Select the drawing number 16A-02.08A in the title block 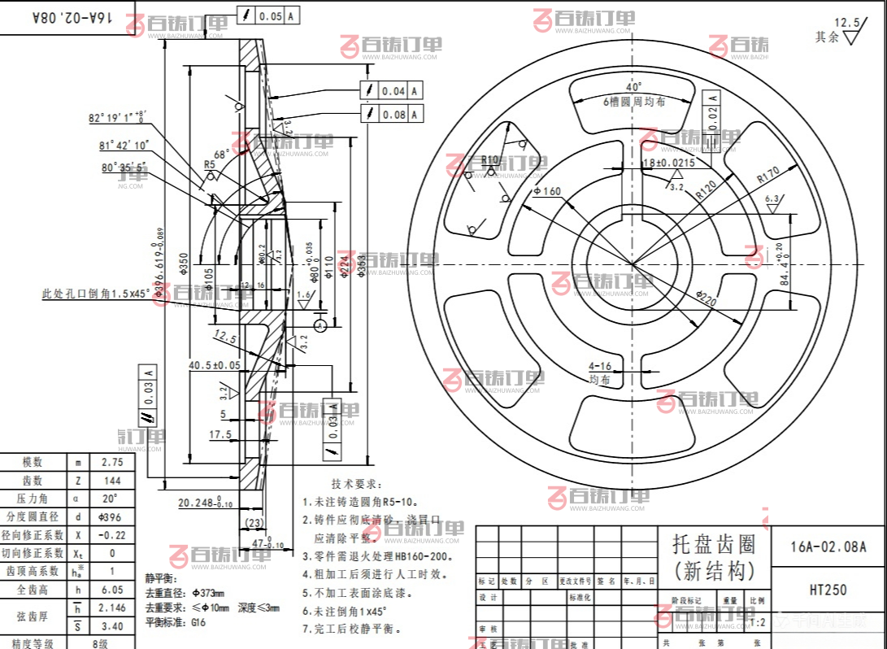coord(828,547)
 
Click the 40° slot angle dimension coord(634,87)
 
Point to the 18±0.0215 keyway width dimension coord(669,163)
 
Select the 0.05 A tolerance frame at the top coord(268,15)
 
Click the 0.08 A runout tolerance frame coord(392,115)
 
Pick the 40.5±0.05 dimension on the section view coord(215,365)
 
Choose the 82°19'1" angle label coord(117,117)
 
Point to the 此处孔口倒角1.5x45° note coord(96,294)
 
